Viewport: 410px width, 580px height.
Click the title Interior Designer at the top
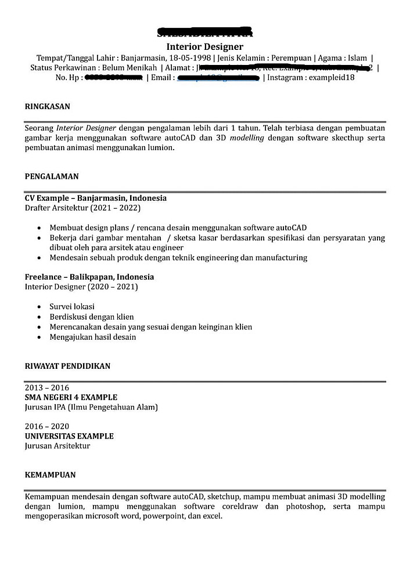[204, 46]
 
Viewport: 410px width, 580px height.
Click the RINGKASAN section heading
[47, 107]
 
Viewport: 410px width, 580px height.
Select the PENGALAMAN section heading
[52, 176]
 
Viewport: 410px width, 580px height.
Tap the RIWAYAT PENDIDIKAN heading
[67, 366]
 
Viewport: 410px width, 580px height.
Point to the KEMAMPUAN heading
[50, 474]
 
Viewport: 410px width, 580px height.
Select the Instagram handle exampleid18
[331, 77]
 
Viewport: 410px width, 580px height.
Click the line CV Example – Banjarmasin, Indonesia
[95, 198]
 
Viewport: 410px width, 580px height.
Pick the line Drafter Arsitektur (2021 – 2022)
[82, 208]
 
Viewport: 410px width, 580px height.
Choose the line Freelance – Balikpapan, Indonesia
[89, 277]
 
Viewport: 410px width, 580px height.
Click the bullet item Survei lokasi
[72, 306]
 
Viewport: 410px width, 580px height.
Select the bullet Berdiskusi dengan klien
[91, 317]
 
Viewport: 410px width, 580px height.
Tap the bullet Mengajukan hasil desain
[92, 337]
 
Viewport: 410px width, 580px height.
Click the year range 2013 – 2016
[46, 387]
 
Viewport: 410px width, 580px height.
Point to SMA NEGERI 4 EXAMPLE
[71, 397]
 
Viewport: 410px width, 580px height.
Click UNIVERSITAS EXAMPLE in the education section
[69, 436]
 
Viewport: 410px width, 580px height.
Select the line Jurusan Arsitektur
[57, 446]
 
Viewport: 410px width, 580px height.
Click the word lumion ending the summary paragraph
[160, 148]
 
